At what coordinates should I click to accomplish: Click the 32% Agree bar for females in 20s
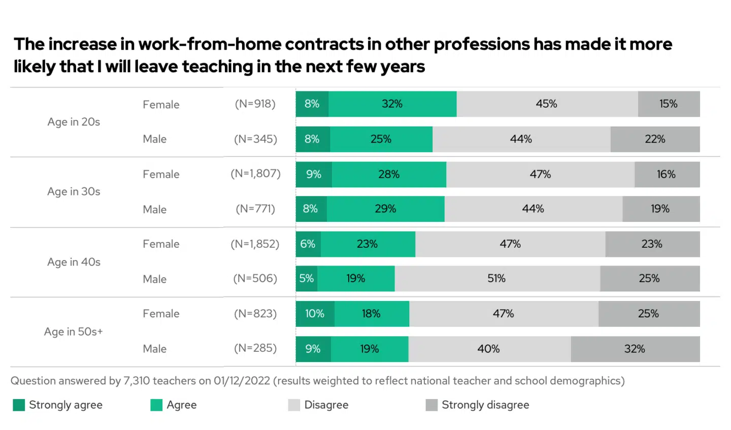click(x=392, y=104)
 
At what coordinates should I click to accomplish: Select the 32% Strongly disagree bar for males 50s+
click(x=635, y=349)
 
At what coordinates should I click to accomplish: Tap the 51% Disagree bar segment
click(x=497, y=279)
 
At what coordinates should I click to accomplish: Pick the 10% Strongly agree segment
click(x=315, y=314)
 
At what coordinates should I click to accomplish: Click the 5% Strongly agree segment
click(x=307, y=279)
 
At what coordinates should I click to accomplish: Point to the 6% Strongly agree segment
click(x=308, y=244)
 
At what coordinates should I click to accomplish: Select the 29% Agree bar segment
click(x=386, y=209)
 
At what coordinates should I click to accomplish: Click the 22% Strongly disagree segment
click(x=655, y=139)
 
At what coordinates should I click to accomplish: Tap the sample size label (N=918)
click(x=255, y=104)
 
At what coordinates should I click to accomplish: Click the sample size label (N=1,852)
click(x=255, y=244)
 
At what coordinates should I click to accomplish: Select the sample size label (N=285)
click(x=255, y=348)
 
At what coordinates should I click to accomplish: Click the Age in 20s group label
click(x=74, y=122)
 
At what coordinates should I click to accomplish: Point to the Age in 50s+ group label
click(x=74, y=332)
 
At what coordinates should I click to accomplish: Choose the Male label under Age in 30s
click(x=155, y=209)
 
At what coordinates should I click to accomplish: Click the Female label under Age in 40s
click(x=161, y=244)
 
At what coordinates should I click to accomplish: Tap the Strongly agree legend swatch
click(x=19, y=405)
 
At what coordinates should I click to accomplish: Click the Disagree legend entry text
click(x=326, y=405)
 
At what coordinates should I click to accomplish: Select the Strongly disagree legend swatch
click(x=431, y=405)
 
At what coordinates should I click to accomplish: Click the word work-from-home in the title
click(x=209, y=45)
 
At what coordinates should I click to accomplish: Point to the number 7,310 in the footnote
click(x=137, y=381)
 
